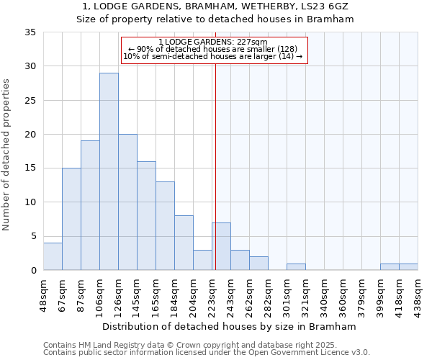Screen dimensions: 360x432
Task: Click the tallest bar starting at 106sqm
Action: click(109, 171)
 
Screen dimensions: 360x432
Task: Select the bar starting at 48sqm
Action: click(53, 256)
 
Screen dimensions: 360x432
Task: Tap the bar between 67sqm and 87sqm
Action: click(71, 219)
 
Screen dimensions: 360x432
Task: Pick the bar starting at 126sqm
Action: click(127, 202)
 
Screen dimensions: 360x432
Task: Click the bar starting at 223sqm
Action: click(221, 246)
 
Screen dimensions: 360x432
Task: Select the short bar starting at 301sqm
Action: click(296, 267)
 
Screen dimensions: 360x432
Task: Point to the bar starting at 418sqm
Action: click(408, 267)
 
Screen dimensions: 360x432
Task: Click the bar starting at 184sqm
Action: click(184, 243)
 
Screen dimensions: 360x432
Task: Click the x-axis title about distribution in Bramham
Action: click(230, 326)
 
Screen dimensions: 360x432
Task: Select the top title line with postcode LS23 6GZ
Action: click(215, 6)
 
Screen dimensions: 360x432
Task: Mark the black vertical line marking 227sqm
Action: click(215, 180)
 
